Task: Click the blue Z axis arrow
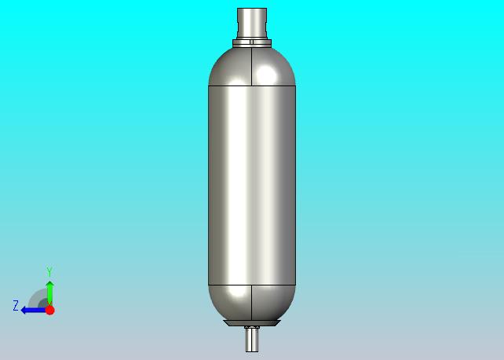(x=33, y=311)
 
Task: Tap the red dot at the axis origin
(x=49, y=310)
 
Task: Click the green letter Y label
(x=49, y=271)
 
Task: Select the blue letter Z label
(x=16, y=305)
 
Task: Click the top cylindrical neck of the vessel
(x=252, y=24)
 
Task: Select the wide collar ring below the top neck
(x=252, y=44)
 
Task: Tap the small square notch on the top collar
(x=252, y=42)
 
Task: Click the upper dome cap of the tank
(x=252, y=67)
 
